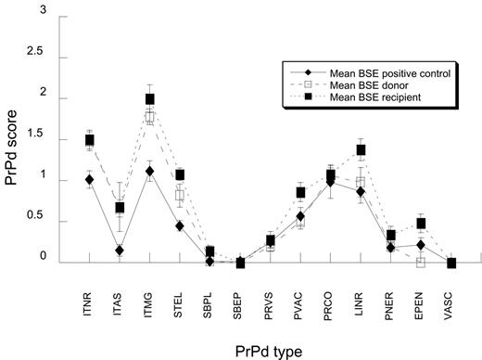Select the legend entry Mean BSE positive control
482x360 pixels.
(360, 72)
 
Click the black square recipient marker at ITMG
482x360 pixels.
(150, 99)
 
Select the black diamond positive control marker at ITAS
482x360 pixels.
(120, 251)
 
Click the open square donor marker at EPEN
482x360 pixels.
(421, 263)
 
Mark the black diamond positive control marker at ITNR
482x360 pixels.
(90, 180)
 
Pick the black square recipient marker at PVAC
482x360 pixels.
(301, 193)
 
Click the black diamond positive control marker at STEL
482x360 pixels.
(180, 226)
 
